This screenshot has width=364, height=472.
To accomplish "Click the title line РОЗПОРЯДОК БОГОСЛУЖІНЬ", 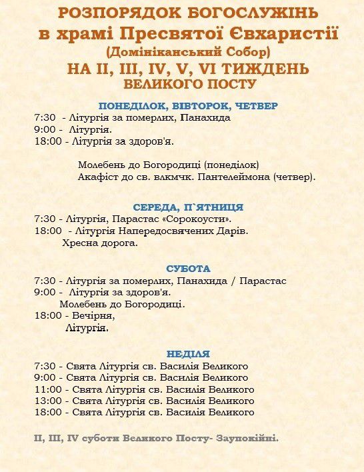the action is (188, 13).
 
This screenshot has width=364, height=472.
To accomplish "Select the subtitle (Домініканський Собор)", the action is (188, 51).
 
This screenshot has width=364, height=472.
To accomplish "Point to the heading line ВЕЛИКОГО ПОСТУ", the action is (189, 85).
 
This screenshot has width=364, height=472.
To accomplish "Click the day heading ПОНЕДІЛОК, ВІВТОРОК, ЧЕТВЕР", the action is (188, 105).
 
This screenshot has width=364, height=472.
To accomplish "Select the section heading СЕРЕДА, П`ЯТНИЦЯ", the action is (188, 207).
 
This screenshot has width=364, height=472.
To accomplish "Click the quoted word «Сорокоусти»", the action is (203, 219).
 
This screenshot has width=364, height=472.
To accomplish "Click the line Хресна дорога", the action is (100, 243).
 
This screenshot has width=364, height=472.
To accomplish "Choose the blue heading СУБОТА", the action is (188, 269).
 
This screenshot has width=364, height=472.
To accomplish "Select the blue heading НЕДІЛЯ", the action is (188, 354).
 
